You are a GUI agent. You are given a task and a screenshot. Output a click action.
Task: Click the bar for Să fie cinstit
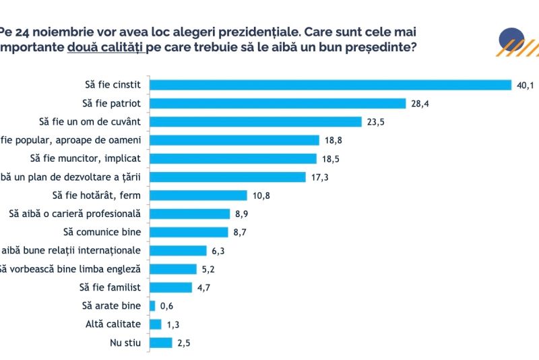click(330, 85)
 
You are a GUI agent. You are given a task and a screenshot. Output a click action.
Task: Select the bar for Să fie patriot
click(278, 103)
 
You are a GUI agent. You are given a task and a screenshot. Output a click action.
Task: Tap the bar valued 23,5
click(256, 121)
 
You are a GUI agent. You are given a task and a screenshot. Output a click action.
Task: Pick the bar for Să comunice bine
click(189, 232)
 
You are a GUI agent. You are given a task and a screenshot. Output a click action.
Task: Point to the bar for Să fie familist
click(170, 287)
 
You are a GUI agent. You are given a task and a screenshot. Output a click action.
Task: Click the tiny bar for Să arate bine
click(152, 305)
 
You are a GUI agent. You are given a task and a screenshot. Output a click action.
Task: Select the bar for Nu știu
click(160, 342)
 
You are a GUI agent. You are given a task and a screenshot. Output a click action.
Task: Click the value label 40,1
click(525, 85)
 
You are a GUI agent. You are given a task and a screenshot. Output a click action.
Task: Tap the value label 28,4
click(420, 103)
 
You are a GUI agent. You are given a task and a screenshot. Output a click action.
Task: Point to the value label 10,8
click(261, 196)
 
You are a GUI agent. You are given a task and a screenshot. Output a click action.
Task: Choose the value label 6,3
click(218, 251)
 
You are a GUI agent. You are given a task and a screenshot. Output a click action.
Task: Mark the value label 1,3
click(172, 324)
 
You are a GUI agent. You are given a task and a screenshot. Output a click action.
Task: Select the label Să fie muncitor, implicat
click(86, 158)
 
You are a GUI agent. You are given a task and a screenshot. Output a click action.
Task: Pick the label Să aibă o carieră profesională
click(74, 214)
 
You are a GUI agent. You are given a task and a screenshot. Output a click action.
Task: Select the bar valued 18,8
click(234, 140)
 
